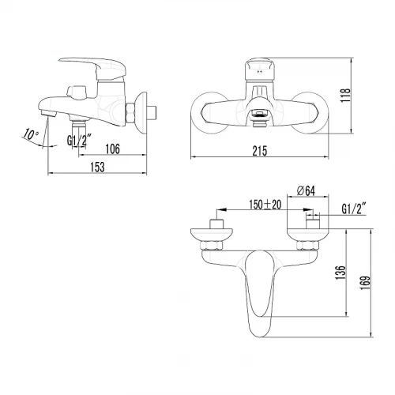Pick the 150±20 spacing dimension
coord(265,205)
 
